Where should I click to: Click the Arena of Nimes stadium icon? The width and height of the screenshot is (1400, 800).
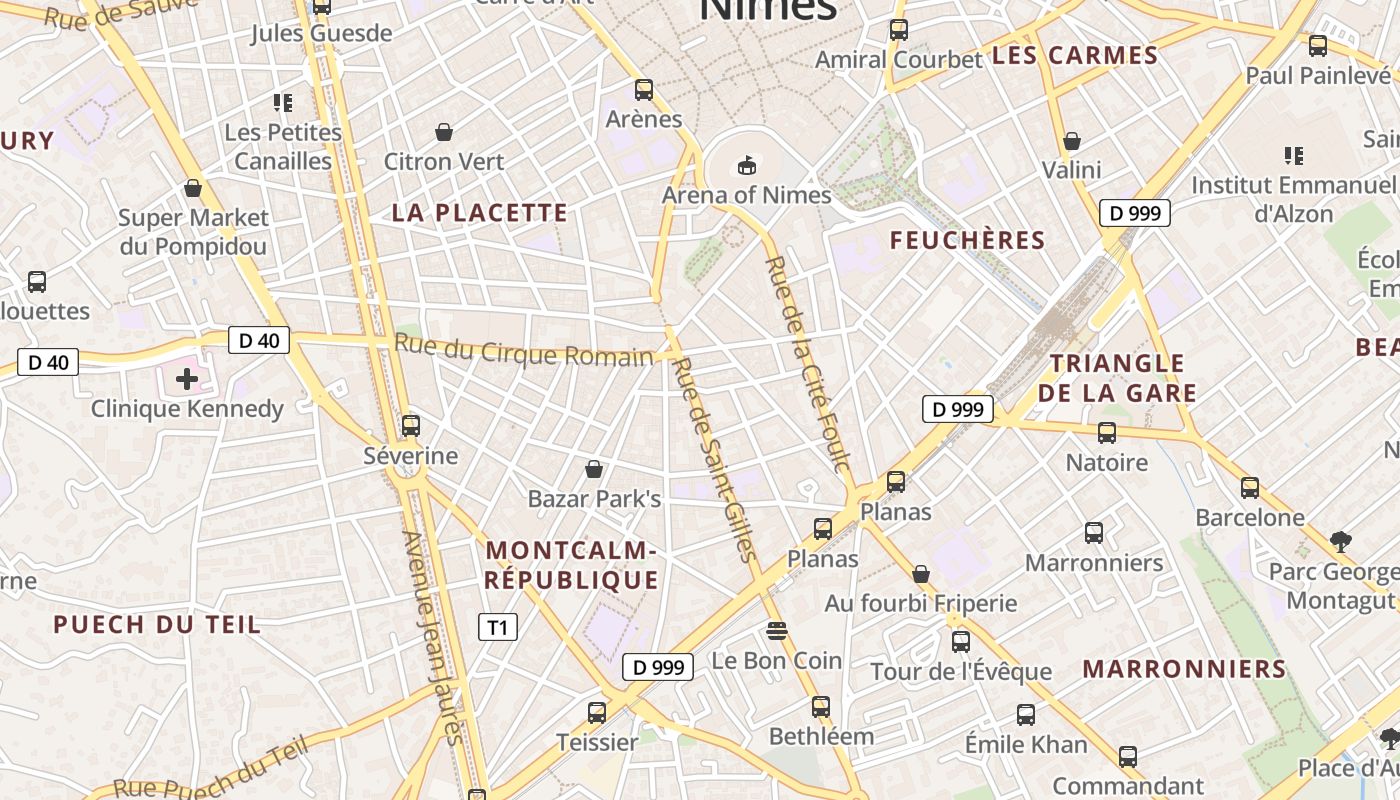click(x=746, y=165)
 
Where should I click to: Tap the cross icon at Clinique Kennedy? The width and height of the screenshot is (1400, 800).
click(x=187, y=378)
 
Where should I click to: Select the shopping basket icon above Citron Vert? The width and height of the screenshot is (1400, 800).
click(x=444, y=132)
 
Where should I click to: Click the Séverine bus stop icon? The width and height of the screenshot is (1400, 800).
click(x=410, y=426)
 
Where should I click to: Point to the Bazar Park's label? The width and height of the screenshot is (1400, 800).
click(x=594, y=498)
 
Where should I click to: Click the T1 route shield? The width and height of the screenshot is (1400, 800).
click(x=498, y=628)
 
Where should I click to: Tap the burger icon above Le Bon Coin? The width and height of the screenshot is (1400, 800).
click(x=776, y=631)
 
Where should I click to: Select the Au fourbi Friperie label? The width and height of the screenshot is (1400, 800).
click(x=920, y=603)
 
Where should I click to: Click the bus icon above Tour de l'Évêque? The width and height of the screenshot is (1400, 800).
click(x=960, y=642)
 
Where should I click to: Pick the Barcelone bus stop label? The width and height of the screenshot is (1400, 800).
click(x=1250, y=517)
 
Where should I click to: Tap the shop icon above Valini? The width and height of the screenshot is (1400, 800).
click(x=1072, y=141)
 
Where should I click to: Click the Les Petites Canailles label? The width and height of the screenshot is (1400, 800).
click(x=283, y=146)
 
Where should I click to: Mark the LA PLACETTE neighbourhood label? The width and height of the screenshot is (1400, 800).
click(x=480, y=213)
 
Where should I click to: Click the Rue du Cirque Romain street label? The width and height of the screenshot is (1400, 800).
click(x=524, y=351)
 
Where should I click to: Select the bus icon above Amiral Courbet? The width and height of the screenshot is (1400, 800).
click(x=898, y=30)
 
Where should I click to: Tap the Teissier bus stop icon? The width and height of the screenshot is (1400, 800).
click(x=597, y=713)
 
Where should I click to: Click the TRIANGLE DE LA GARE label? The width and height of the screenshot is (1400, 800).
click(x=1117, y=378)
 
